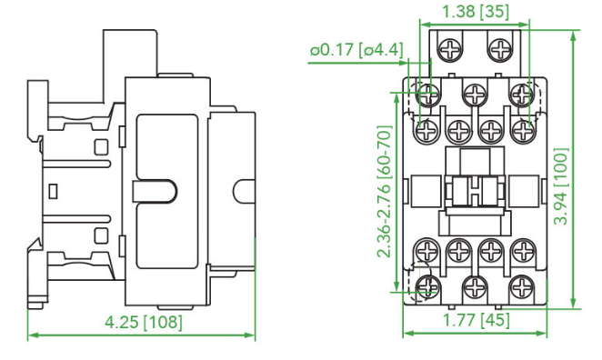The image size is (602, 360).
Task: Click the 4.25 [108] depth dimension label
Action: pyautogui.click(x=144, y=323)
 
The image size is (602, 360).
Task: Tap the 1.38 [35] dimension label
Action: pyautogui.click(x=476, y=12)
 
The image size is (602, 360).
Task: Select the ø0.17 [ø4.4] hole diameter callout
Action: pyautogui.click(x=356, y=50)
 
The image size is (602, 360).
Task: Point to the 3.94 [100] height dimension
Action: pyautogui.click(x=561, y=186)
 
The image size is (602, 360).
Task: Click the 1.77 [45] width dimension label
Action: pyautogui.click(x=477, y=320)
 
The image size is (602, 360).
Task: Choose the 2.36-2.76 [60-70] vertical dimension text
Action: pyautogui.click(x=385, y=192)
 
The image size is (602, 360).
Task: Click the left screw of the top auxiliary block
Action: pyautogui.click(x=451, y=49)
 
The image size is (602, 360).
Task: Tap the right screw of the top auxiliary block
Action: pyautogui.click(x=499, y=49)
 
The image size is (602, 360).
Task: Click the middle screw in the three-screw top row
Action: pyautogui.click(x=475, y=94)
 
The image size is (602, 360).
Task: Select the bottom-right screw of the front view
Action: pyautogui.click(x=522, y=286)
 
